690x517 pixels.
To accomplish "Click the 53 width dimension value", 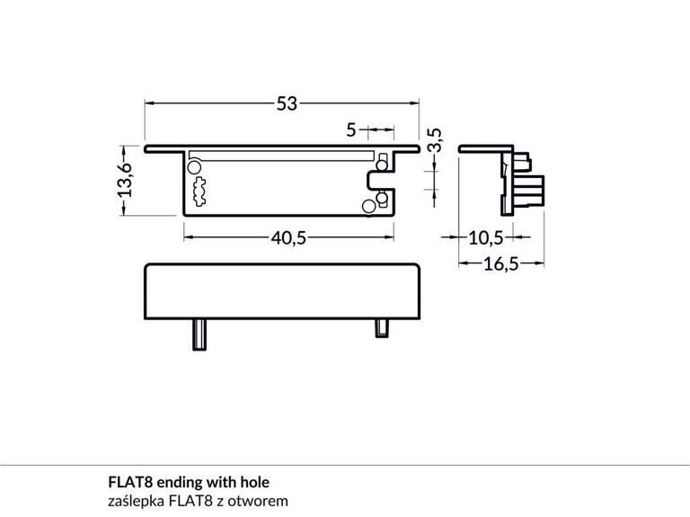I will click(x=286, y=104).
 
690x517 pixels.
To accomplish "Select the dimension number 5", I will click(x=351, y=130).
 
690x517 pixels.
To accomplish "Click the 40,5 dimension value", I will click(x=289, y=237).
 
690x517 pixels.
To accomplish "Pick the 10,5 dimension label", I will click(x=485, y=237).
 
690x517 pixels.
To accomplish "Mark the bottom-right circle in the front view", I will click(x=368, y=207).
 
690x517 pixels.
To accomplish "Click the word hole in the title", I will click(x=253, y=482).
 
